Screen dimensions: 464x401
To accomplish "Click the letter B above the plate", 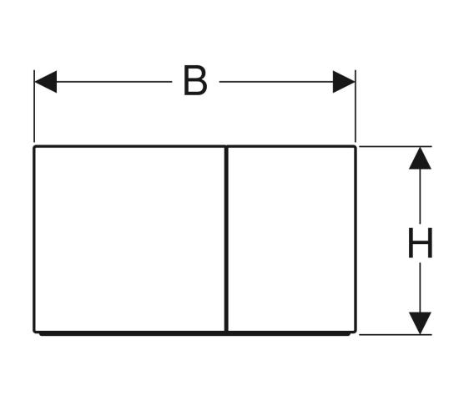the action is coord(195,80).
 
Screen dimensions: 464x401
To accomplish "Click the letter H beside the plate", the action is coord(421,243).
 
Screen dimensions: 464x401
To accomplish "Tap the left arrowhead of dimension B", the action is coord(46,82).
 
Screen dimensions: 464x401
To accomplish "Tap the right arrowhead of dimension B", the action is coord(344,82).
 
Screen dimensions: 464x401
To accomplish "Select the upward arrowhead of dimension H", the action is coord(420,158).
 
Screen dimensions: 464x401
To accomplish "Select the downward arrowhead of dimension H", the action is coord(420,323).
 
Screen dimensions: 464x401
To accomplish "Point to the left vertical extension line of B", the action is coord(34,106).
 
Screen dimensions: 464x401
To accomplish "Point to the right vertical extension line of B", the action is coord(356,106).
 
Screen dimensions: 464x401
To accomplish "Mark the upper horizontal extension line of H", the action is coord(396,146).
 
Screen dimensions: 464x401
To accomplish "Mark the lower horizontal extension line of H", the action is coord(396,335).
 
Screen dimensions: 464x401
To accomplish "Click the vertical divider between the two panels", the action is coord(226,239).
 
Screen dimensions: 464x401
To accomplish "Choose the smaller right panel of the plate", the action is coord(291,239).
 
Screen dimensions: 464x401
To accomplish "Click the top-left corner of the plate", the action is coord(33,146).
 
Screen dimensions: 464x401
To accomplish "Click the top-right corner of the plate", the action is coord(356,146).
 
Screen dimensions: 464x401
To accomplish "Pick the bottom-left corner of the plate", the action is coord(33,332).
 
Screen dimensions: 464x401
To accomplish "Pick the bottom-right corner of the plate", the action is coord(356,332).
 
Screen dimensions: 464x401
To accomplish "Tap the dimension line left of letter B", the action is coord(114,82).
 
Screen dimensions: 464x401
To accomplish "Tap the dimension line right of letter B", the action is coord(276,82).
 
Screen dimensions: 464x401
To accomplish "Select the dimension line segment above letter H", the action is coord(420,196).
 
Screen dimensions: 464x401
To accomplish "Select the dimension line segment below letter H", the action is coord(420,288).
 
